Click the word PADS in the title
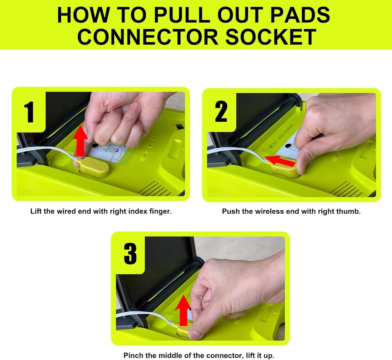click(300, 15)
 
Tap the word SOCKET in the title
click(271, 37)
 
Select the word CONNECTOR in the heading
click(148, 37)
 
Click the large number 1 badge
click(29, 112)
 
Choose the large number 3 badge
click(130, 254)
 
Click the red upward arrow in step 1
click(80, 141)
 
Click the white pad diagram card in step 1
click(109, 154)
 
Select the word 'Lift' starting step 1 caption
click(36, 211)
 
